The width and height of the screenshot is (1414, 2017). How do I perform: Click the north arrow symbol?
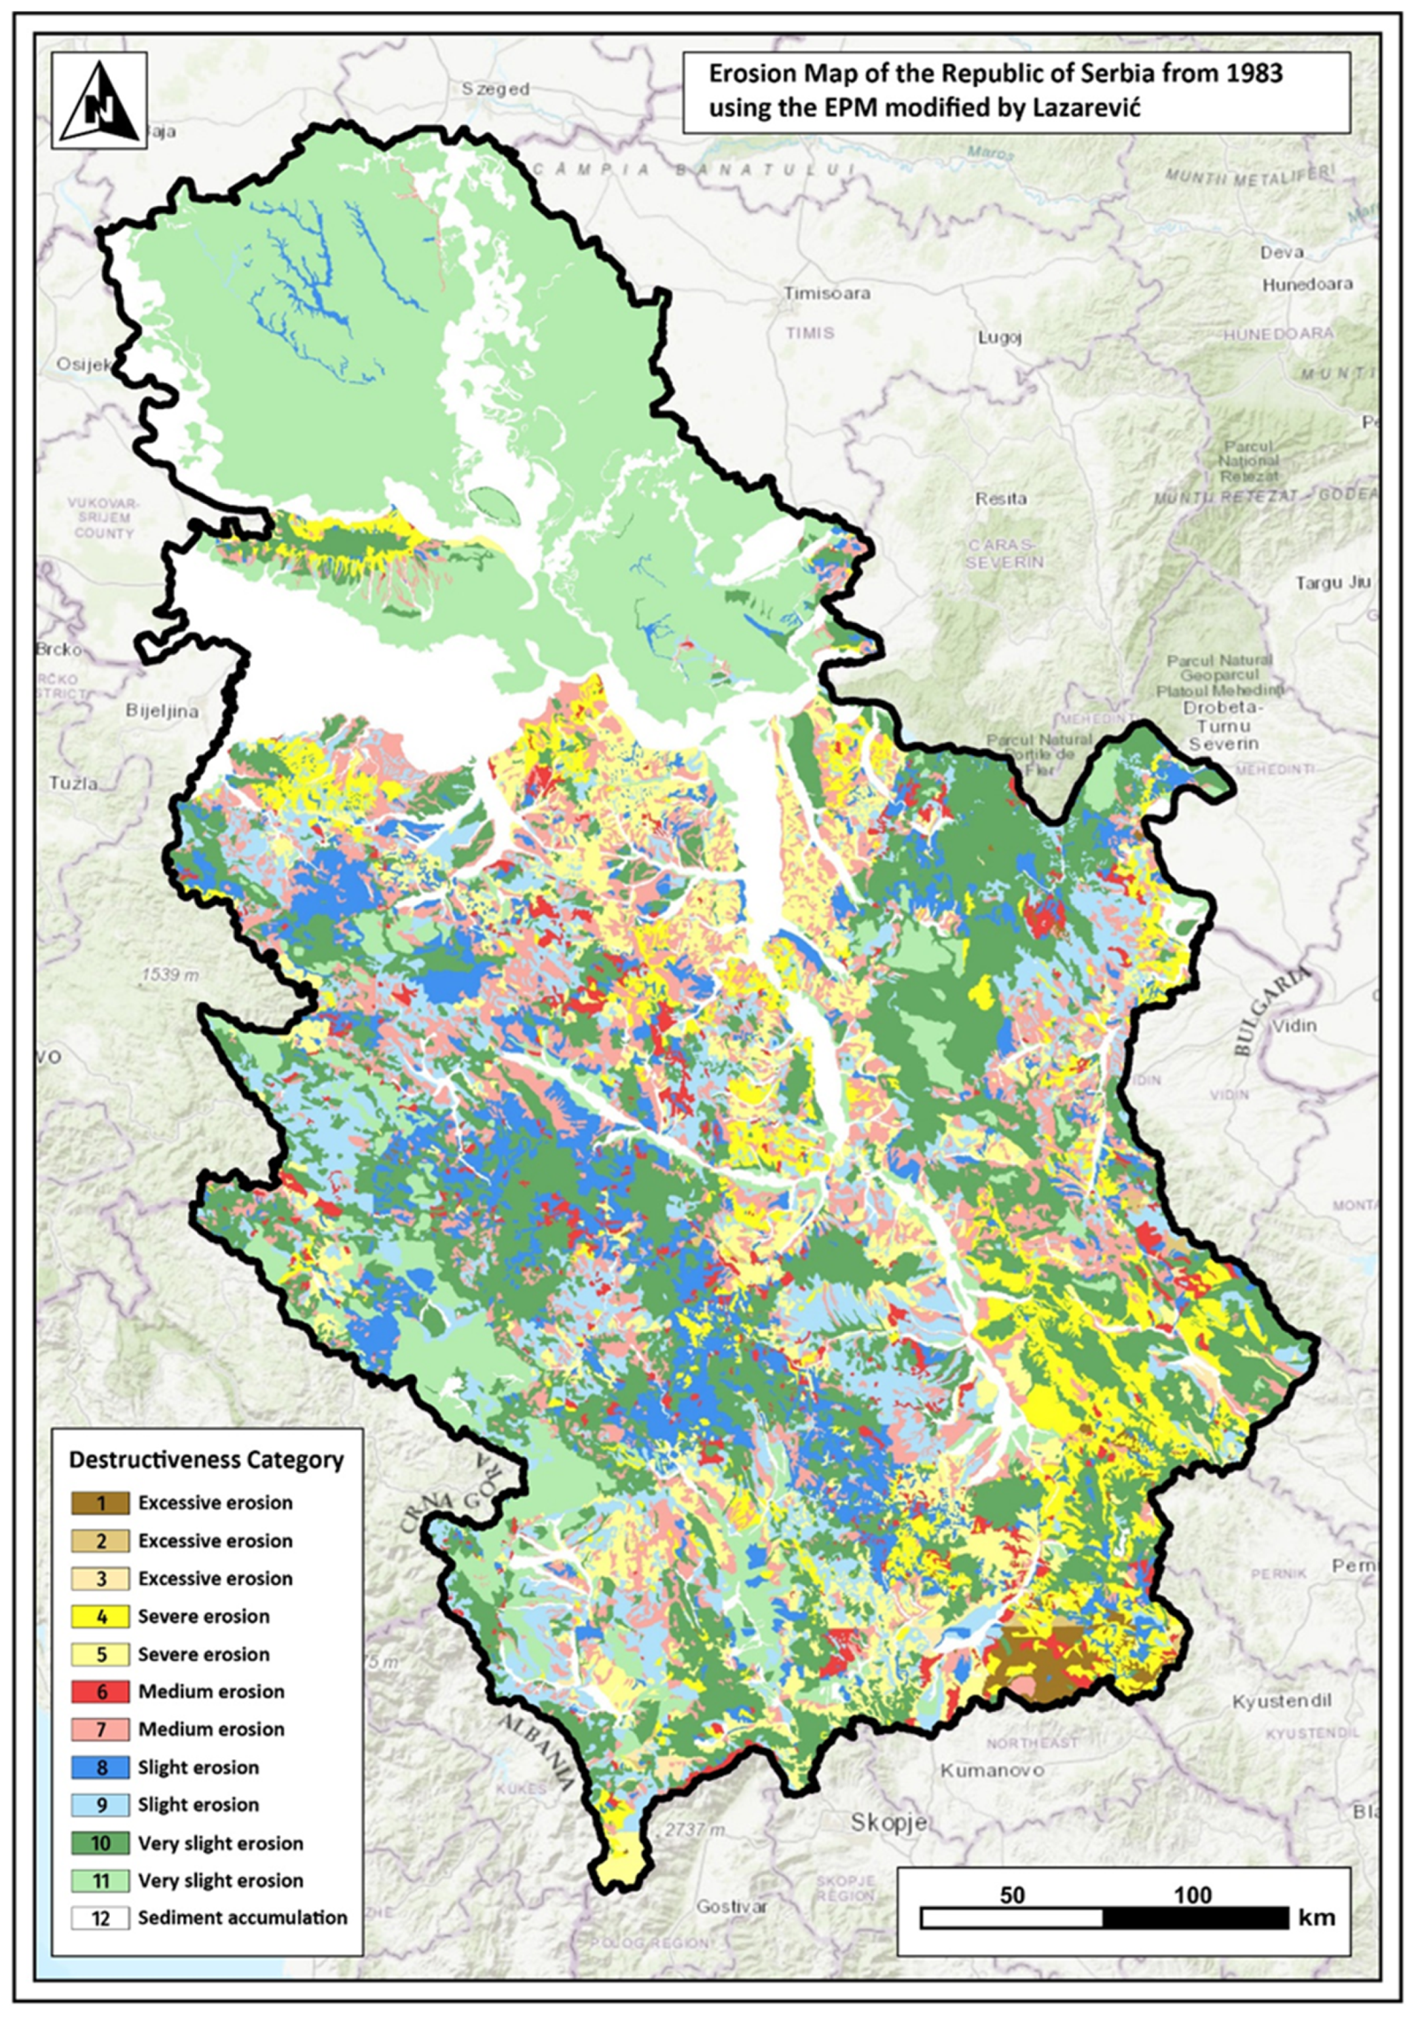point(98,100)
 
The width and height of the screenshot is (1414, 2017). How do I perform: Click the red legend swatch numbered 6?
point(100,1691)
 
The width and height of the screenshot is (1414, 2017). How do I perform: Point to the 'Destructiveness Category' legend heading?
point(206,1460)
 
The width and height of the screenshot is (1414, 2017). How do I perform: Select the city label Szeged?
point(496,89)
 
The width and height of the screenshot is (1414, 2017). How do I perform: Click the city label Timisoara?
point(826,293)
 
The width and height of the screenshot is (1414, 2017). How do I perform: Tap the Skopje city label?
point(888,1823)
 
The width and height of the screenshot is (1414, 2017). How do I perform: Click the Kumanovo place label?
point(992,1770)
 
